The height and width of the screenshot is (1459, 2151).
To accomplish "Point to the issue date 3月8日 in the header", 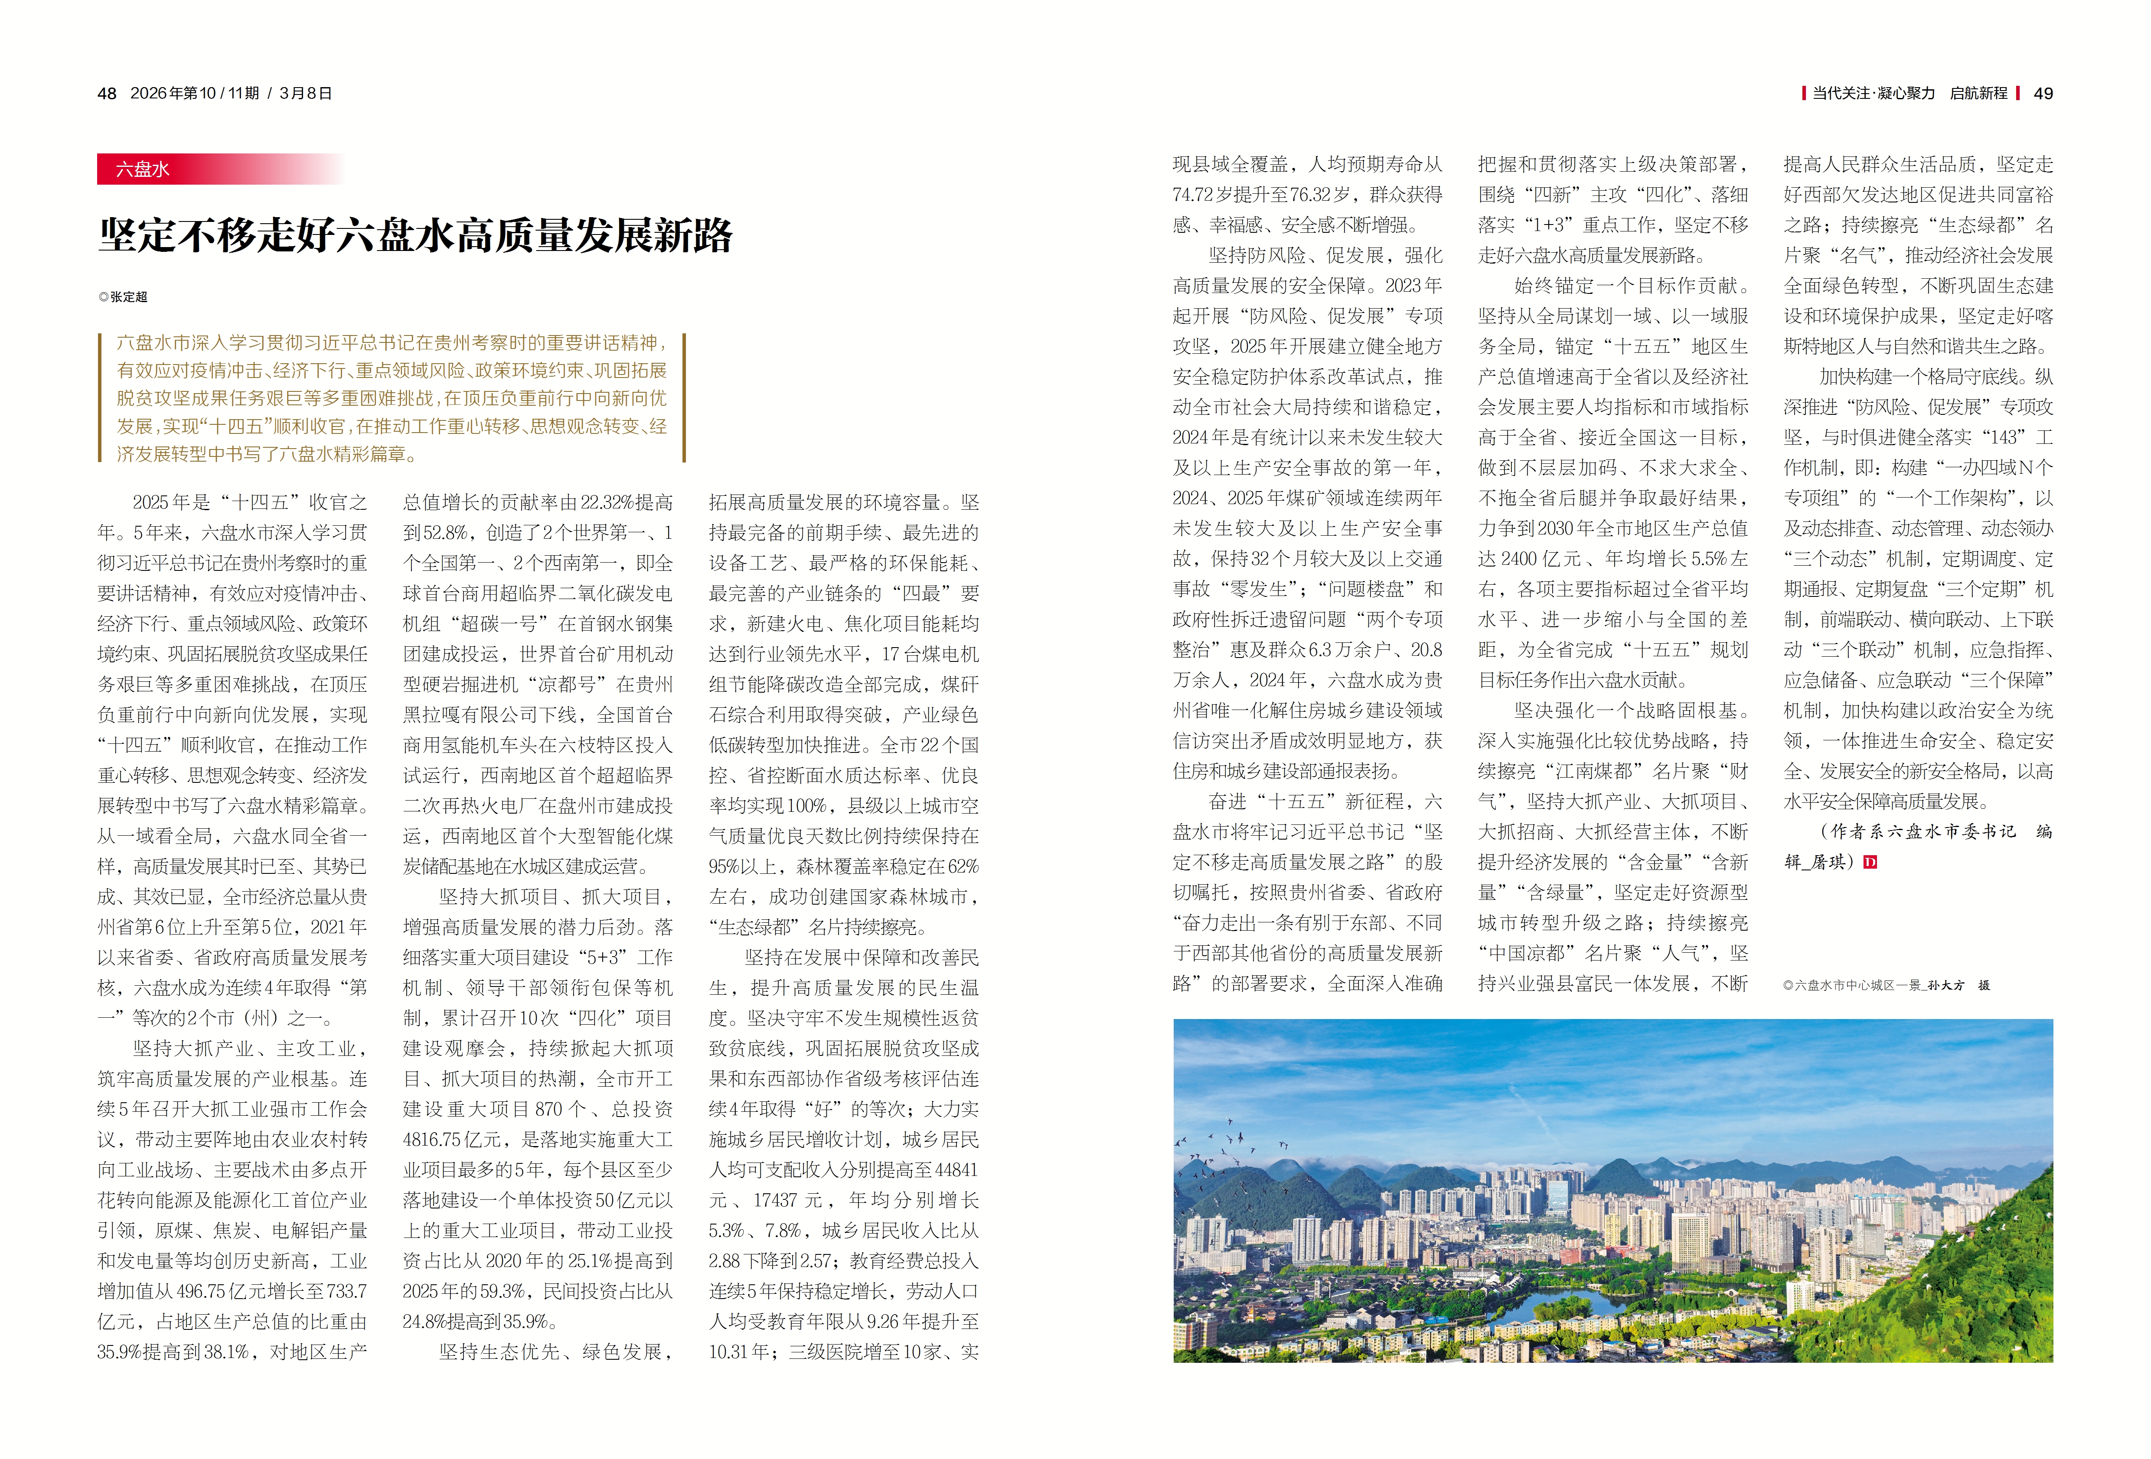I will coord(305,94).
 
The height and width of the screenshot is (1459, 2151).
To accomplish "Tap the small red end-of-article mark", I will coord(1870,862).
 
